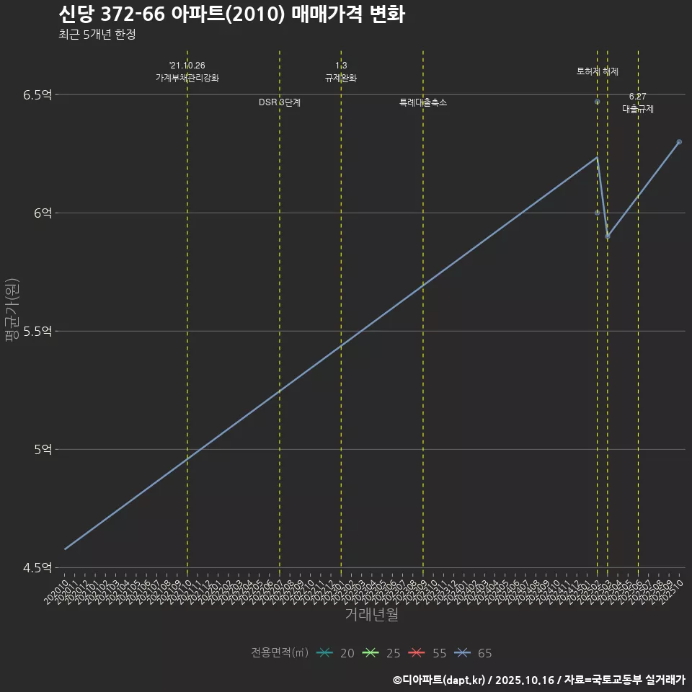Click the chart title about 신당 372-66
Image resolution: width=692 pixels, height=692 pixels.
click(x=231, y=14)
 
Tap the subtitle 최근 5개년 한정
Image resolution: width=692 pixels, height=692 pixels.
click(x=97, y=34)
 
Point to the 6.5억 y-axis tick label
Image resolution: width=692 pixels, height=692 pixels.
click(x=38, y=94)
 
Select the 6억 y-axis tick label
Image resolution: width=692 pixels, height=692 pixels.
click(x=43, y=213)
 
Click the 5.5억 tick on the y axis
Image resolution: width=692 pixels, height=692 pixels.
click(x=38, y=331)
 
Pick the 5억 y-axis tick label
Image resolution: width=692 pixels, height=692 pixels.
click(x=43, y=449)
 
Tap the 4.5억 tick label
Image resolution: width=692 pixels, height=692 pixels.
click(x=38, y=567)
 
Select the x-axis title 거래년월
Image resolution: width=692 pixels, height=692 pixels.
click(x=371, y=615)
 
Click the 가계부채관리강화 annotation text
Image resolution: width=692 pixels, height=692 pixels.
click(x=187, y=78)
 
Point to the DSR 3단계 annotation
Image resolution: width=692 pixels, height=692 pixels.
click(x=280, y=103)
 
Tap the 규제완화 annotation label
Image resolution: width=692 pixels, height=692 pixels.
click(x=341, y=78)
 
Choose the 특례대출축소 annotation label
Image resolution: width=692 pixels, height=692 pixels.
click(x=423, y=103)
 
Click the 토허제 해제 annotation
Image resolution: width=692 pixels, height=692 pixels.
click(x=598, y=71)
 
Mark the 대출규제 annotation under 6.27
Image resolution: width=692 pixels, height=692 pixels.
click(x=638, y=109)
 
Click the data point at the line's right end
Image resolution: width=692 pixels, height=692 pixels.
click(x=679, y=142)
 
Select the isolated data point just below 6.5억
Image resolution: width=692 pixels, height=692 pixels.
click(x=597, y=102)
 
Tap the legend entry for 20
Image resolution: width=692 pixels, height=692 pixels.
click(x=335, y=653)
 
